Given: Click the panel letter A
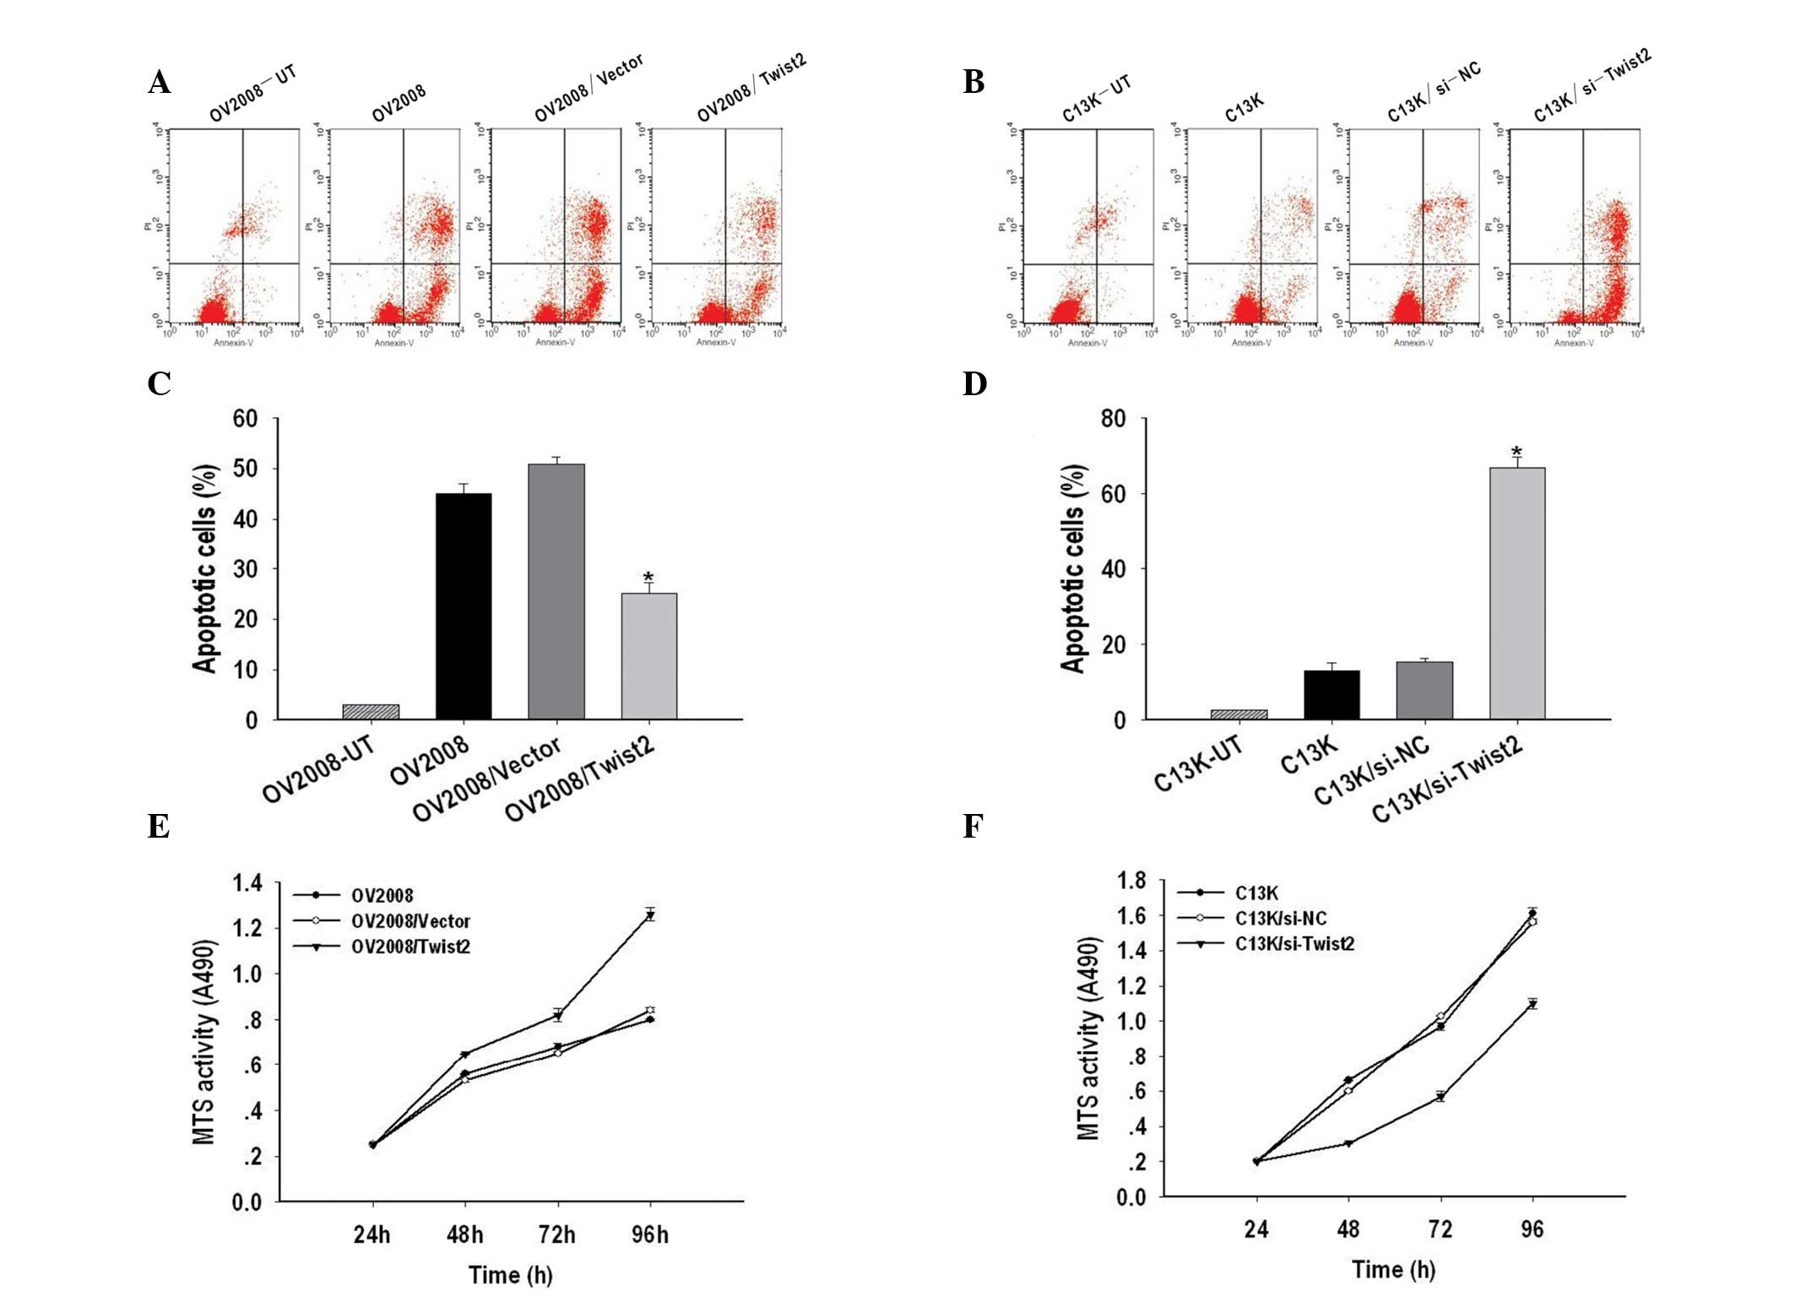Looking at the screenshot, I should click(x=159, y=83).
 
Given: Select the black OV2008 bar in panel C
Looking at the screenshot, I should click(x=464, y=606).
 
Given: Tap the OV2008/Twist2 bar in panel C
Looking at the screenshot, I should click(x=648, y=656).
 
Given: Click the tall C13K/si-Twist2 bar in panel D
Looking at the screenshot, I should click(x=1517, y=593).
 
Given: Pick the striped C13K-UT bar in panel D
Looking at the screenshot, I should click(x=1239, y=714).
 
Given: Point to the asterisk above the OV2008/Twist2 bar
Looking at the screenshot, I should click(x=648, y=578).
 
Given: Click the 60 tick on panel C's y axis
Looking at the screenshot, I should click(x=246, y=419).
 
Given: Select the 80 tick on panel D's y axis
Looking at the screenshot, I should click(x=1113, y=419).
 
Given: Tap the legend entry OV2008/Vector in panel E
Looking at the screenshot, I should click(x=410, y=921).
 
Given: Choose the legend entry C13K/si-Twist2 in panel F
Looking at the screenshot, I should click(x=1294, y=943).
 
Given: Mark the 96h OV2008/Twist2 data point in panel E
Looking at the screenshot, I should click(x=650, y=915).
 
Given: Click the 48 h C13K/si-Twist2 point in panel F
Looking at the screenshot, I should click(x=1348, y=1143).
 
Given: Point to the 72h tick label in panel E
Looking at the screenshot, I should click(x=557, y=1235).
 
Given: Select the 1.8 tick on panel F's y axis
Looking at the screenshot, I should click(x=1131, y=881).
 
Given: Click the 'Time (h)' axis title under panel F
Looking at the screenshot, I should click(x=1393, y=1269).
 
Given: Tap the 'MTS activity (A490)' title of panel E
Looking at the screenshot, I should click(x=204, y=1043).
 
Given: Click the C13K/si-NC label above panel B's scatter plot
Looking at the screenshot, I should click(x=1434, y=92).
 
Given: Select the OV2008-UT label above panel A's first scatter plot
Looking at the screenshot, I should click(x=252, y=93).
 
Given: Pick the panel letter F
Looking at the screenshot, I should click(x=973, y=826).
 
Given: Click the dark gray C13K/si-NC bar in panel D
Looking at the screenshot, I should click(x=1424, y=690).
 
